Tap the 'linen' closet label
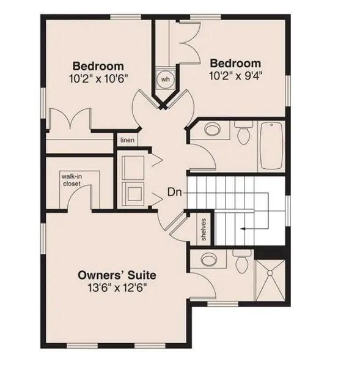click(x=127, y=140)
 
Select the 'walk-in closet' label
click(x=72, y=179)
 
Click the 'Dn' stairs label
click(x=174, y=192)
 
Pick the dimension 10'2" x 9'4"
click(x=236, y=75)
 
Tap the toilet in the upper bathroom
click(x=243, y=134)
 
